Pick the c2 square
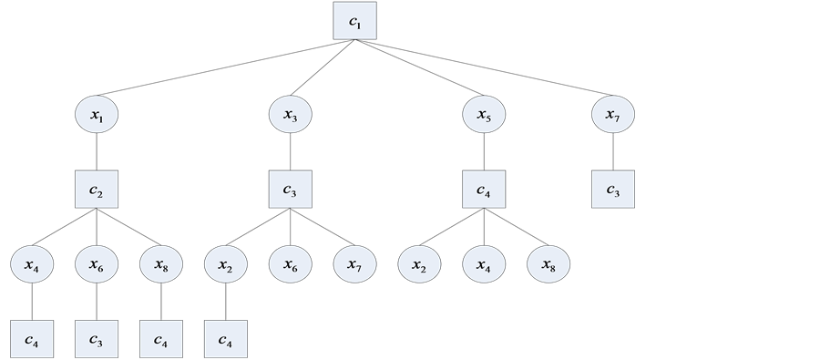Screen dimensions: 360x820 [97, 190]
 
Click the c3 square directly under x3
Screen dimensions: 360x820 [291, 190]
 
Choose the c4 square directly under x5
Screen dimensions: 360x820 [484, 190]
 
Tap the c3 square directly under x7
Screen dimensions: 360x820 [613, 190]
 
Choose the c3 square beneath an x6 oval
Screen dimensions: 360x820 [97, 339]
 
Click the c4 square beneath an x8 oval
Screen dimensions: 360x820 [161, 339]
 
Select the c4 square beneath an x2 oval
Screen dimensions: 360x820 [226, 339]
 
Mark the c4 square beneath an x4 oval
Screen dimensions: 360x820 [32, 339]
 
